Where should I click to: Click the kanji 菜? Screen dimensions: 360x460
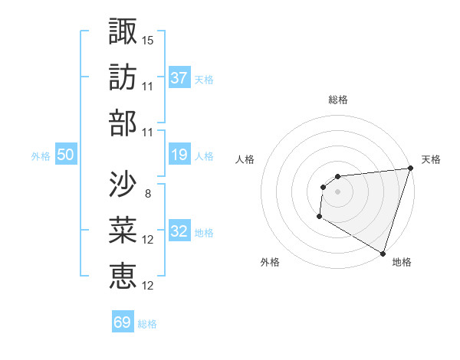pos(123,229)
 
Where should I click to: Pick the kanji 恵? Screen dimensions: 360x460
pos(123,274)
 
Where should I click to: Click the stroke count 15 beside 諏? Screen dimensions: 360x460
pos(148,40)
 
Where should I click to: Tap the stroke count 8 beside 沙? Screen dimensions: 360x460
pos(147,194)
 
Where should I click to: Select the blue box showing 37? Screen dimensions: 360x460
pos(179,77)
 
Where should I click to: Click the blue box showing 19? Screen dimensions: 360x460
pos(179,155)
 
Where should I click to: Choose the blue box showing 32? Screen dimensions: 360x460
pos(179,231)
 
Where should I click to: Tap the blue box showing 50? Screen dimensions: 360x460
pos(66,155)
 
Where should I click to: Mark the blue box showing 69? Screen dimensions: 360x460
pos(123,322)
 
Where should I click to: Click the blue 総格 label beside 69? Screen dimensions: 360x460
pos(147,324)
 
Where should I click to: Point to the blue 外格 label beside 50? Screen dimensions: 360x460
pos(41,156)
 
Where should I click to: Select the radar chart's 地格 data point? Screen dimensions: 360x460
pos(383,253)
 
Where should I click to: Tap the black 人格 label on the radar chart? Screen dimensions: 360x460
pos(245,159)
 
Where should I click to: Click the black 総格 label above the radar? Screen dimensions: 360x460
pos(338,100)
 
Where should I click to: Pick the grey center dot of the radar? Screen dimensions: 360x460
pos(337,191)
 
